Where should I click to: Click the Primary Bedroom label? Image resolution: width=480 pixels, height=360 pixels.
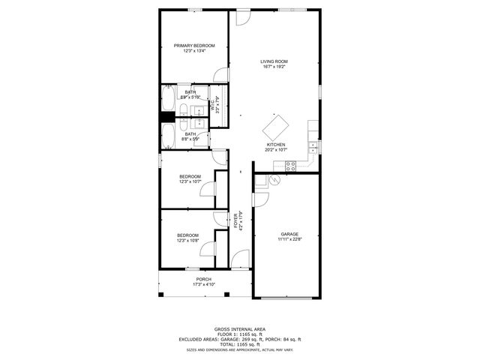tap(194, 46)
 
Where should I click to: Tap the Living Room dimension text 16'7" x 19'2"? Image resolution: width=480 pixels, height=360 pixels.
tap(274, 67)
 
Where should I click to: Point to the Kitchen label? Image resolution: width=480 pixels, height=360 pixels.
tap(275, 145)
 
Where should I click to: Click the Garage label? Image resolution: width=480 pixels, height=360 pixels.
tap(289, 234)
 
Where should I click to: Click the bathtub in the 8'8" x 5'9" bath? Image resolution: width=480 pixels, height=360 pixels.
tap(169, 137)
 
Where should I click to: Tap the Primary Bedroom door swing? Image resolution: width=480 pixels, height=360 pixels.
tap(219, 74)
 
